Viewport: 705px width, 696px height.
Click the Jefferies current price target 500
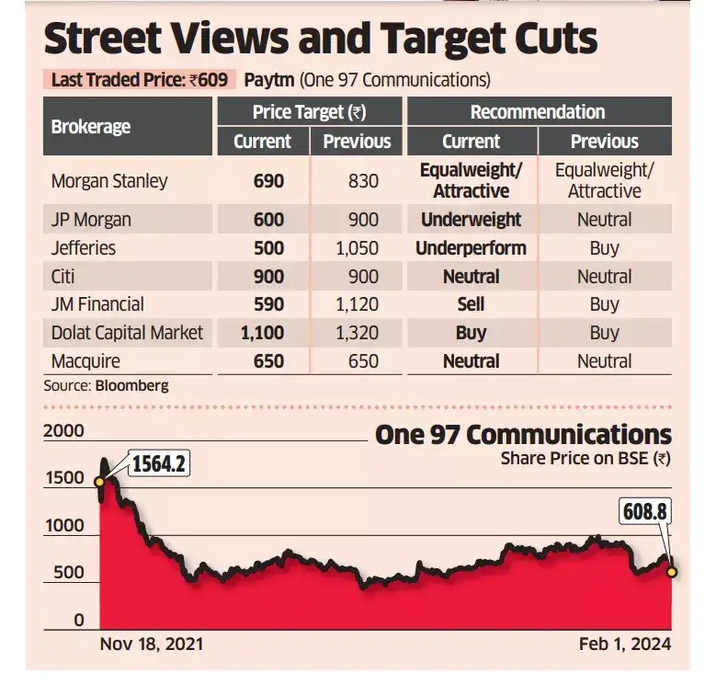tap(268, 248)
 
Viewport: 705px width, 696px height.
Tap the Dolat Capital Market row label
tap(127, 333)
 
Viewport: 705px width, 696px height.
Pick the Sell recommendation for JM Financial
tap(471, 304)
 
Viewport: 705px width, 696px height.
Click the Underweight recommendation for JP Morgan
tap(471, 220)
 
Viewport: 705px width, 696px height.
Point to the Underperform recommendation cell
tap(471, 248)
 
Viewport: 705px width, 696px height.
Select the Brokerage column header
tap(91, 127)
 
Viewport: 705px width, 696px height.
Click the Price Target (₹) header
tap(309, 112)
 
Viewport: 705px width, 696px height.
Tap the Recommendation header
tap(538, 112)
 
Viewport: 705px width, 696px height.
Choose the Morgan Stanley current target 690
tap(268, 181)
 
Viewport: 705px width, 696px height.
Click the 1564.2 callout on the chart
tap(158, 464)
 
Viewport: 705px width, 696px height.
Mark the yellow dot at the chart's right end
tap(672, 572)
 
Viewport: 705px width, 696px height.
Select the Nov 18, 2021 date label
tap(151, 644)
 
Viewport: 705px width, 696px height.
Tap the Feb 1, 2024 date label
tap(625, 644)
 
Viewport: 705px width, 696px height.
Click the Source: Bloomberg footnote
tap(106, 386)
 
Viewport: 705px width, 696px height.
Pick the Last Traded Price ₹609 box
tap(139, 79)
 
